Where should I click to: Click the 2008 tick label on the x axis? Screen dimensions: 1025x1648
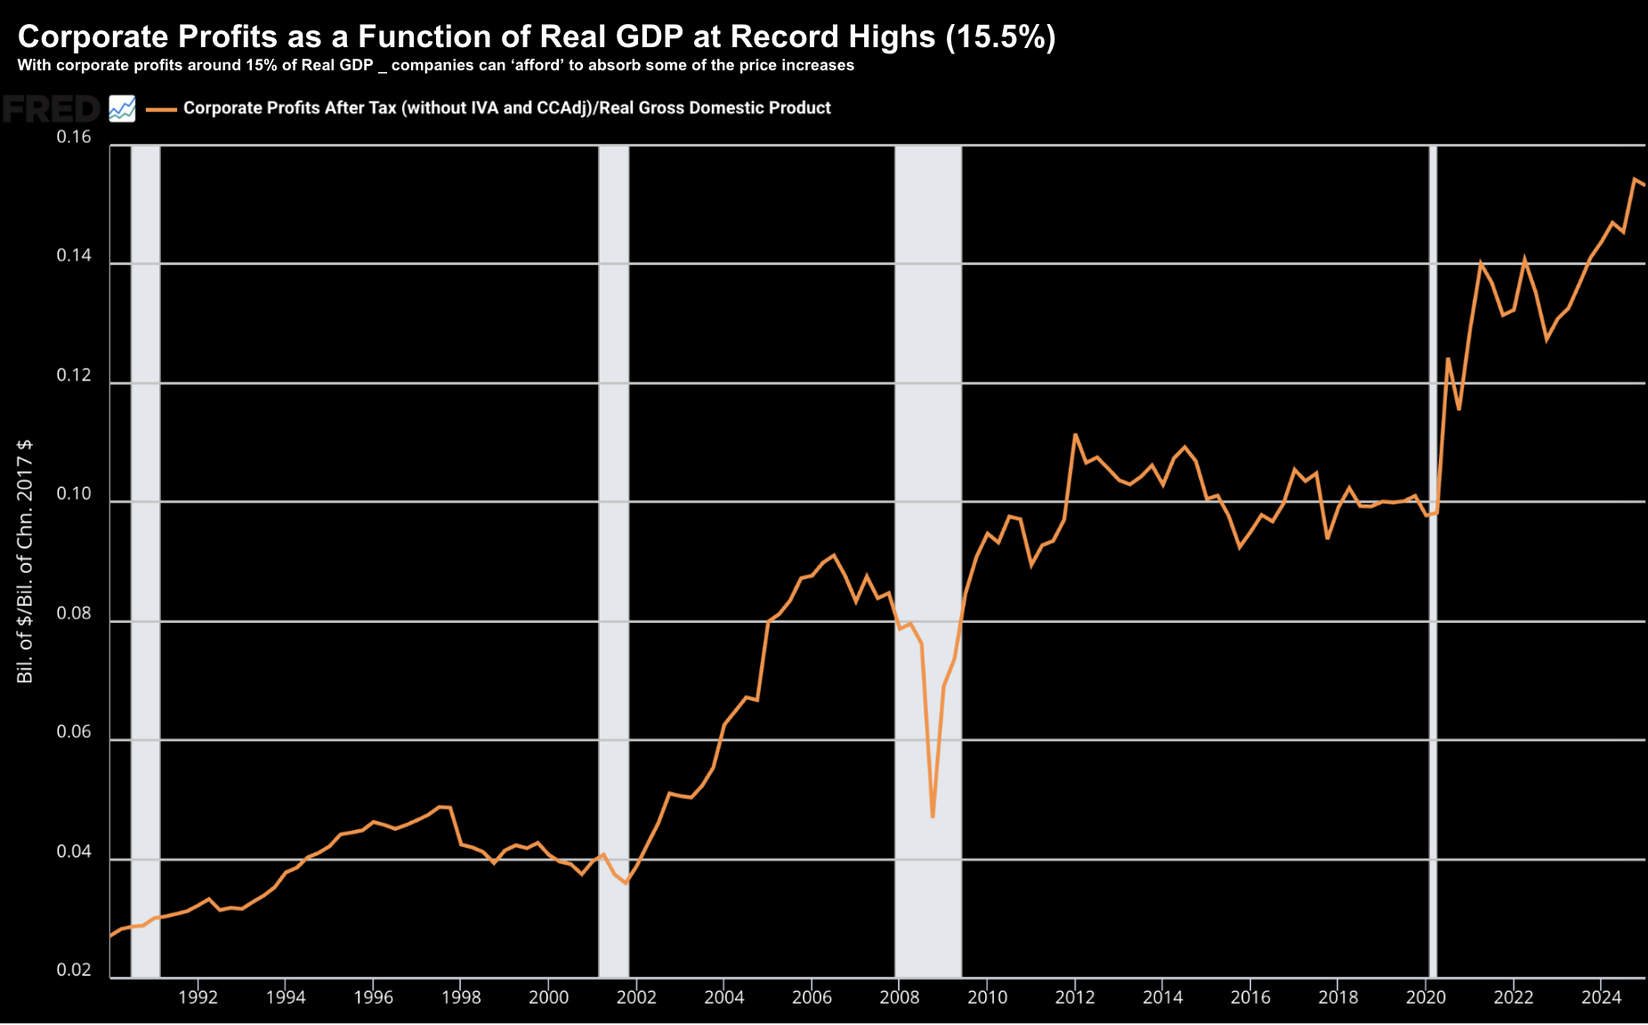click(899, 997)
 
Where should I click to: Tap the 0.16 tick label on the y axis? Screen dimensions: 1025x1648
click(74, 137)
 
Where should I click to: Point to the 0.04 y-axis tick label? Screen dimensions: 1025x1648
click(74, 851)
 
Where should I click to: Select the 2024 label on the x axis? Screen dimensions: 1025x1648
click(1601, 997)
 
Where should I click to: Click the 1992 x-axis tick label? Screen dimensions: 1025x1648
click(198, 997)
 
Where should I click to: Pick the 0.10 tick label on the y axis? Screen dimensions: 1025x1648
click(74, 495)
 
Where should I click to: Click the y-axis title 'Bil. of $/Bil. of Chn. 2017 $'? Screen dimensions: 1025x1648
click(25, 561)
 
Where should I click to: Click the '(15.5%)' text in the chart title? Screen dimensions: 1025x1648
click(1000, 36)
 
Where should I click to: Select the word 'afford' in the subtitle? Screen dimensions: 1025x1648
click(534, 65)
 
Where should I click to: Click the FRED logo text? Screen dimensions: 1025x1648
click(52, 109)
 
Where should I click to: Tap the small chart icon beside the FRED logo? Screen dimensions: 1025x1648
click(122, 109)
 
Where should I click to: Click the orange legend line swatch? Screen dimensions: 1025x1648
click(161, 109)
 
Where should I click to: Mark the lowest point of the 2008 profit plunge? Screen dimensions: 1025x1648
click(932, 816)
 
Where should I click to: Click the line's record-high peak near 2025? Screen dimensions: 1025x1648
click(1635, 179)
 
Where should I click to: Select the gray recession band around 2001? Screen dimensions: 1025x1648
click(613, 561)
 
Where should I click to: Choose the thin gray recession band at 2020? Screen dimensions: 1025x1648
click(1433, 561)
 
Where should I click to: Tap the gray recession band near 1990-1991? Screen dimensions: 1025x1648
click(145, 561)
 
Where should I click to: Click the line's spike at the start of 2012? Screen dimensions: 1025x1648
click(1075, 434)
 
